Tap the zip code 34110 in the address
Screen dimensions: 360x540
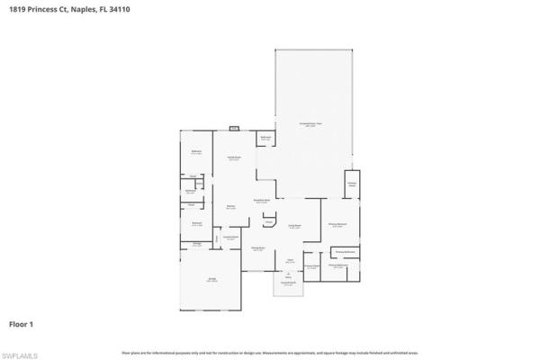[121, 7]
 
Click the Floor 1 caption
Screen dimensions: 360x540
[22, 322]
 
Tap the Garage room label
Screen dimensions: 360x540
[212, 281]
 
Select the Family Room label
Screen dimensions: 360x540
[233, 158]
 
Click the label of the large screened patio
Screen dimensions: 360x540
[310, 124]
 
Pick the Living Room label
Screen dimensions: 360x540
[293, 227]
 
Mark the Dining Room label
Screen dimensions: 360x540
[257, 249]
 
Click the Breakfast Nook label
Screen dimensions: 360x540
[263, 202]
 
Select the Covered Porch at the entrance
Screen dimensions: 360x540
[288, 283]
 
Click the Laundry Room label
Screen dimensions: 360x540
[230, 238]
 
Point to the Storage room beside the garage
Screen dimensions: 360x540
[197, 243]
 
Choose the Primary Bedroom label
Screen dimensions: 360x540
[337, 225]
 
